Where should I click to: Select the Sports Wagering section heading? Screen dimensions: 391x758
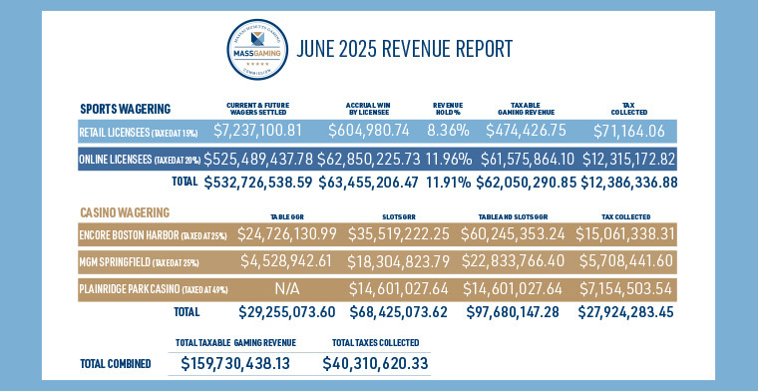click(125, 108)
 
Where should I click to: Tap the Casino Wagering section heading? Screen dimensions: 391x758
click(124, 212)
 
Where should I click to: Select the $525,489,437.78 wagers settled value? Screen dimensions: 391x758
click(273, 161)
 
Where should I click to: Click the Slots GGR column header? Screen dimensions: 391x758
click(393, 215)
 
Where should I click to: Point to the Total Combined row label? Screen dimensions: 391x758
click(115, 364)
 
